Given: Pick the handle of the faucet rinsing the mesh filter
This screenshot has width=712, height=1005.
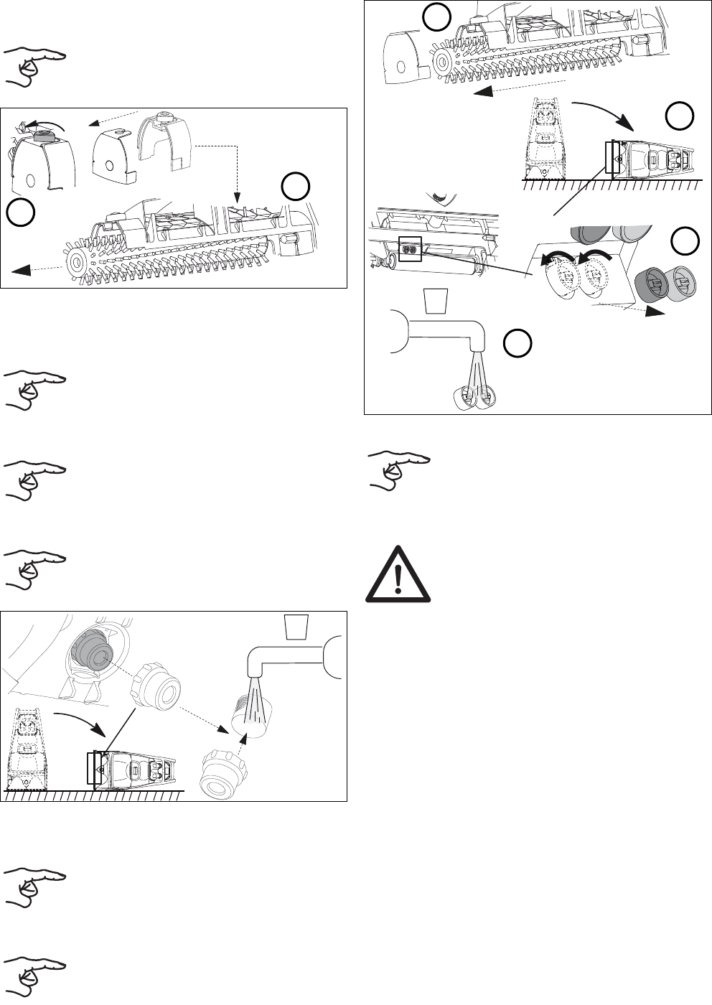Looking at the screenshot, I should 296,627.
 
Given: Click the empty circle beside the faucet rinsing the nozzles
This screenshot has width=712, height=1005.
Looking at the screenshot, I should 516,343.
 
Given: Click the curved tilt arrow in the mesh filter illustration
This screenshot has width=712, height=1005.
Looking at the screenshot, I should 80,718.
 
